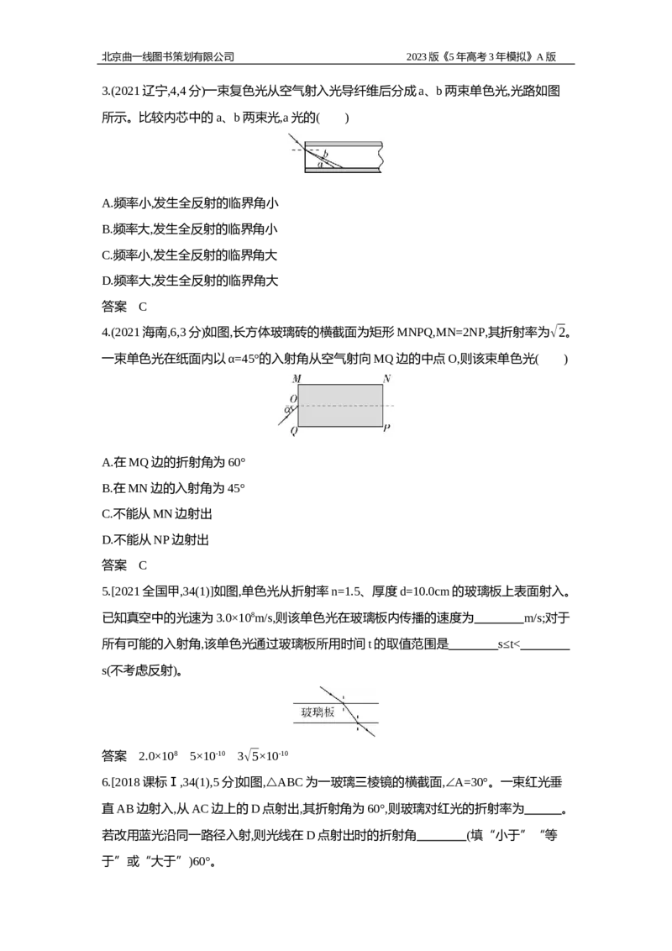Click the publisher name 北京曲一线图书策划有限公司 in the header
pyautogui.click(x=167, y=56)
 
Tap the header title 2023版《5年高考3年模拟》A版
pyautogui.click(x=481, y=56)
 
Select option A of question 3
pyautogui.click(x=190, y=203)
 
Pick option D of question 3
pyautogui.click(x=190, y=281)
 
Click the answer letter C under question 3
pyautogui.click(x=143, y=307)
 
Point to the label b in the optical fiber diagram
pyautogui.click(x=325, y=154)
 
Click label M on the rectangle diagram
pyautogui.click(x=297, y=379)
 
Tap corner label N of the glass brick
pyautogui.click(x=386, y=379)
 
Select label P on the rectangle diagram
pyautogui.click(x=386, y=428)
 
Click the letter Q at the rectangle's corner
pyautogui.click(x=293, y=431)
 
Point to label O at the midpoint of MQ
pyautogui.click(x=293, y=399)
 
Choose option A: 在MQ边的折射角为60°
pyautogui.click(x=173, y=462)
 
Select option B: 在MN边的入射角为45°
pyautogui.click(x=173, y=488)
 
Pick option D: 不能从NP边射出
pyautogui.click(x=155, y=540)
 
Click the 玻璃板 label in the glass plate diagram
pyautogui.click(x=318, y=712)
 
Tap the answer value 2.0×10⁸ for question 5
pyautogui.click(x=158, y=756)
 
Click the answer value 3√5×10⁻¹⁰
pyautogui.click(x=263, y=756)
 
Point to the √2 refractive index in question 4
pyautogui.click(x=559, y=332)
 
